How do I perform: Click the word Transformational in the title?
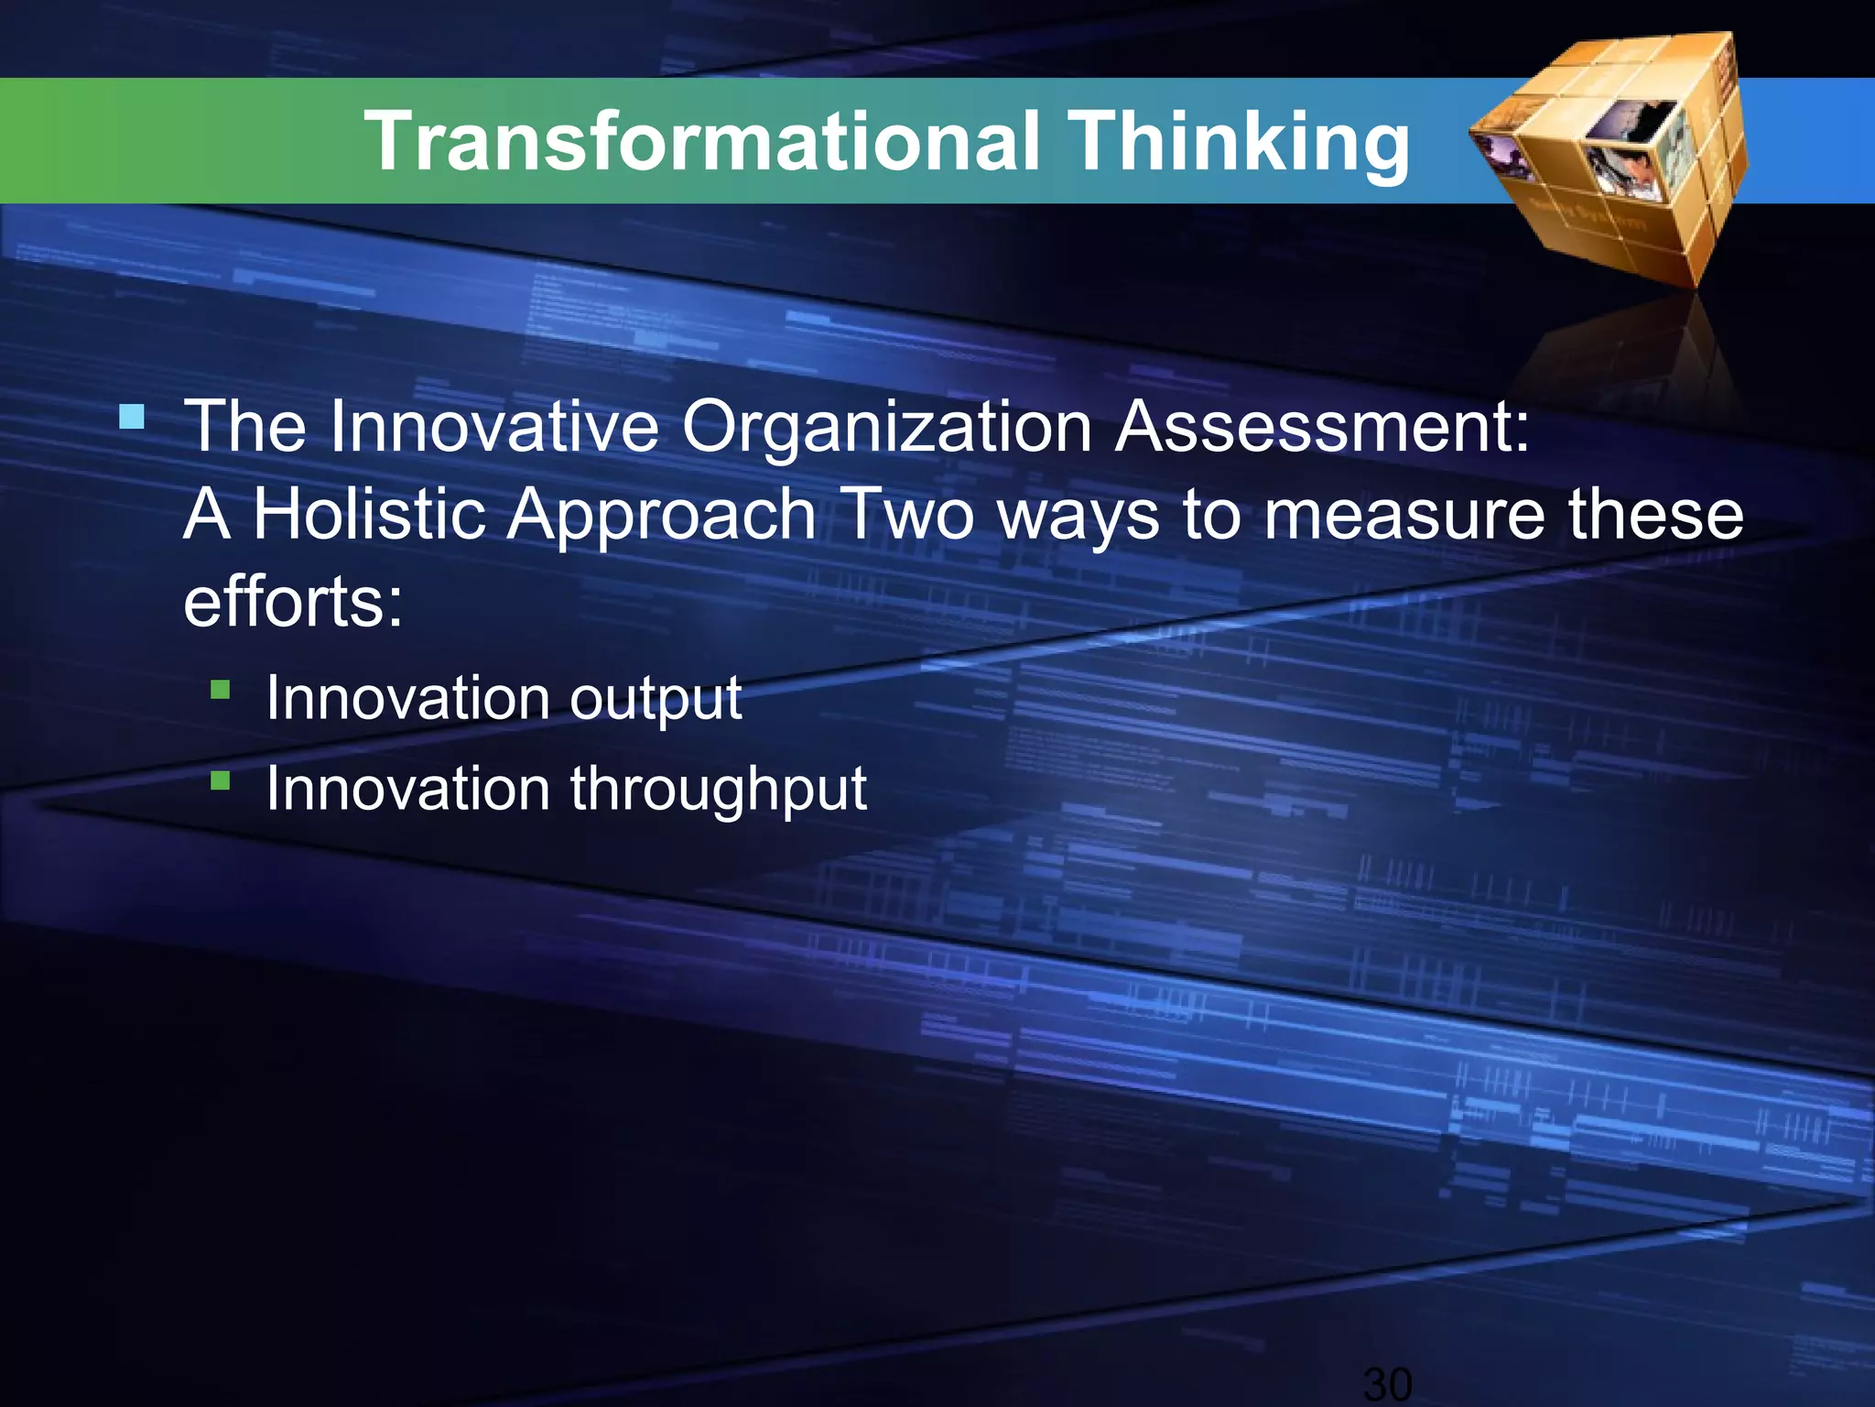point(702,142)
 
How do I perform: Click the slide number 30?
point(1388,1383)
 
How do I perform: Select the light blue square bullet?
point(132,418)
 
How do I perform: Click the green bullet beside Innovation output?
point(220,689)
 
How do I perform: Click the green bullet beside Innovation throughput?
point(220,780)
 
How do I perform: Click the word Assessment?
point(1322,427)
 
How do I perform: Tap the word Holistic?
point(368,515)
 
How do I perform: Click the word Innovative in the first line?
point(493,427)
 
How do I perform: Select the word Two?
point(908,515)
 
